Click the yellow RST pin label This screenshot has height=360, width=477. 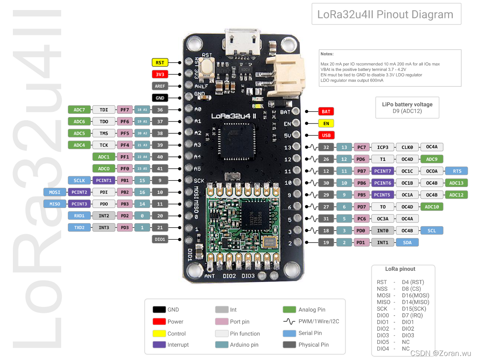tap(160, 62)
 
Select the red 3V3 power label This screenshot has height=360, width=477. tap(160, 74)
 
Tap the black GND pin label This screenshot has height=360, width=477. tap(160, 98)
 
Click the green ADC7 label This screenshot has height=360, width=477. tap(79, 110)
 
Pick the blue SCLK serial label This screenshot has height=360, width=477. tap(79, 181)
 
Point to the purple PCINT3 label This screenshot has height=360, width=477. tap(79, 204)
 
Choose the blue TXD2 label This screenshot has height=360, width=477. tap(79, 228)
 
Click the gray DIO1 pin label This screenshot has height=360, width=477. tap(160, 239)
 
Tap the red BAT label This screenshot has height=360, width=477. tap(326, 111)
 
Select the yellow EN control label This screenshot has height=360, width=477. tap(326, 123)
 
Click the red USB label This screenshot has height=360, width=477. tap(326, 136)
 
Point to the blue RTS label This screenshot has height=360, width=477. tap(457, 171)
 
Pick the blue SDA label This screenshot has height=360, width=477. tap(407, 243)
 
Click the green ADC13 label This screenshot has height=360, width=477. tap(456, 183)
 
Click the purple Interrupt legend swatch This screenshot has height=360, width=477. tap(159, 345)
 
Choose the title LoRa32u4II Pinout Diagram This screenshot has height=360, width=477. tap(385, 15)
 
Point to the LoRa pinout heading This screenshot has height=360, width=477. tap(400, 269)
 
